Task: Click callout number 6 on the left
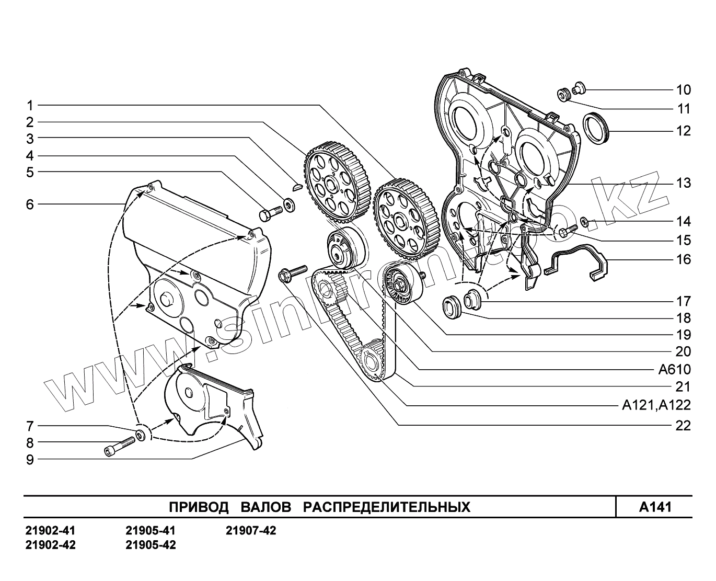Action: [x=30, y=204]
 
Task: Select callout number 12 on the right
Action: [x=683, y=131]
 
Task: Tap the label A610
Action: [x=674, y=370]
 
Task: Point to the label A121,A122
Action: [x=656, y=405]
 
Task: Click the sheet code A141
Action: [x=655, y=507]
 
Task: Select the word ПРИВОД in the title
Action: [x=199, y=507]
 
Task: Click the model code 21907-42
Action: [x=251, y=531]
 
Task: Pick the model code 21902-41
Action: [x=50, y=531]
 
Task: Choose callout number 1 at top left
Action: [x=30, y=105]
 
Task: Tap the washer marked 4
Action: [x=288, y=203]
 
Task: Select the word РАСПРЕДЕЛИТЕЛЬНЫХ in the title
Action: [x=387, y=507]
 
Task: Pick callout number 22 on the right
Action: [x=683, y=426]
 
